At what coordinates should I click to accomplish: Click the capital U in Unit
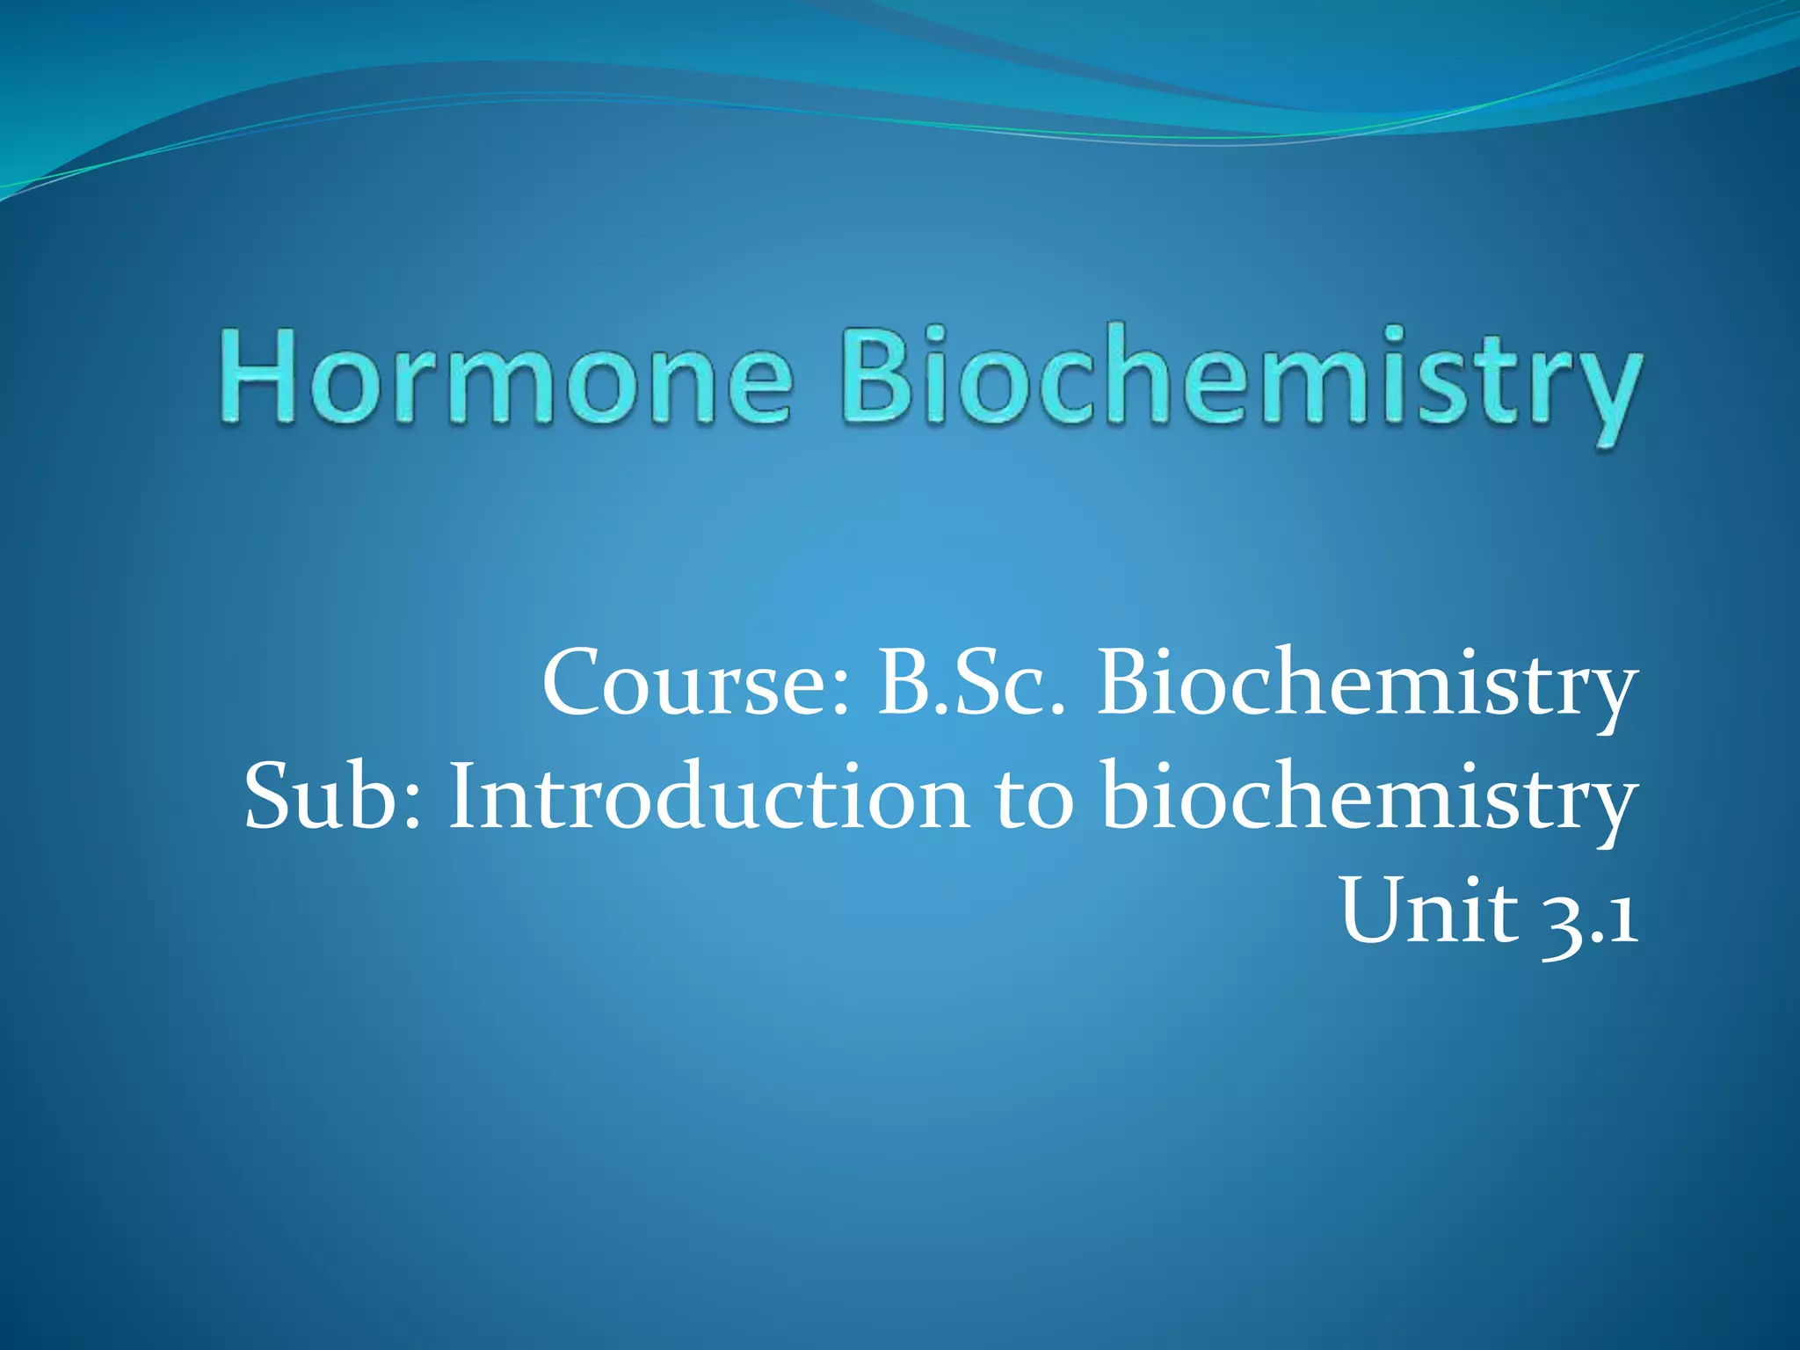pos(1375,911)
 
